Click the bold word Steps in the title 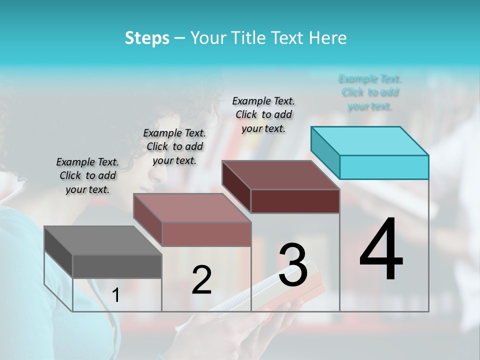(x=147, y=38)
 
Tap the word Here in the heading (x=328, y=38)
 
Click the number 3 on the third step (x=293, y=265)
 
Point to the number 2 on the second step (x=201, y=280)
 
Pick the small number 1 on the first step (x=116, y=295)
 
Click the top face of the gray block (x=102, y=240)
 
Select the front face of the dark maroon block (x=295, y=201)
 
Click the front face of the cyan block (x=384, y=167)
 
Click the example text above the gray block (x=87, y=176)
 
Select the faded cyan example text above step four (x=370, y=92)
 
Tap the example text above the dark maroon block (x=263, y=114)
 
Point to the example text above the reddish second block (x=174, y=147)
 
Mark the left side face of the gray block (x=58, y=252)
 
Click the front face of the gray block (x=117, y=266)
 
